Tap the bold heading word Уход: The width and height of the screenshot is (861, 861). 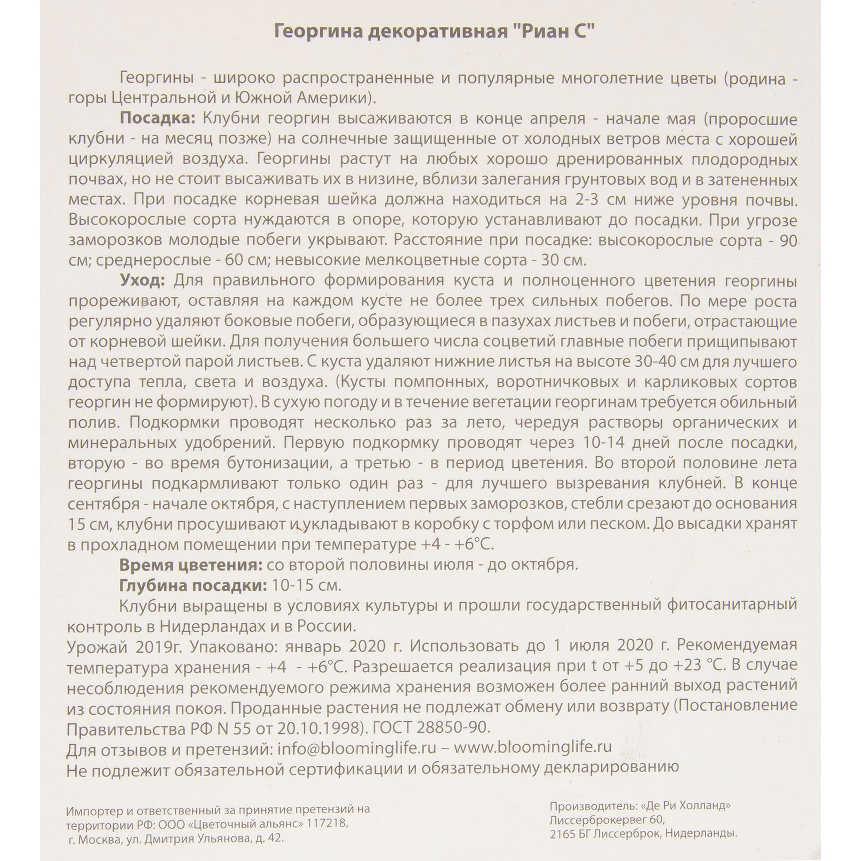[142, 281]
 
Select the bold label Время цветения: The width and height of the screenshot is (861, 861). [190, 565]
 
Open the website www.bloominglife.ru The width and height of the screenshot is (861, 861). [533, 747]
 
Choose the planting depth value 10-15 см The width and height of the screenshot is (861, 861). [304, 585]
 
